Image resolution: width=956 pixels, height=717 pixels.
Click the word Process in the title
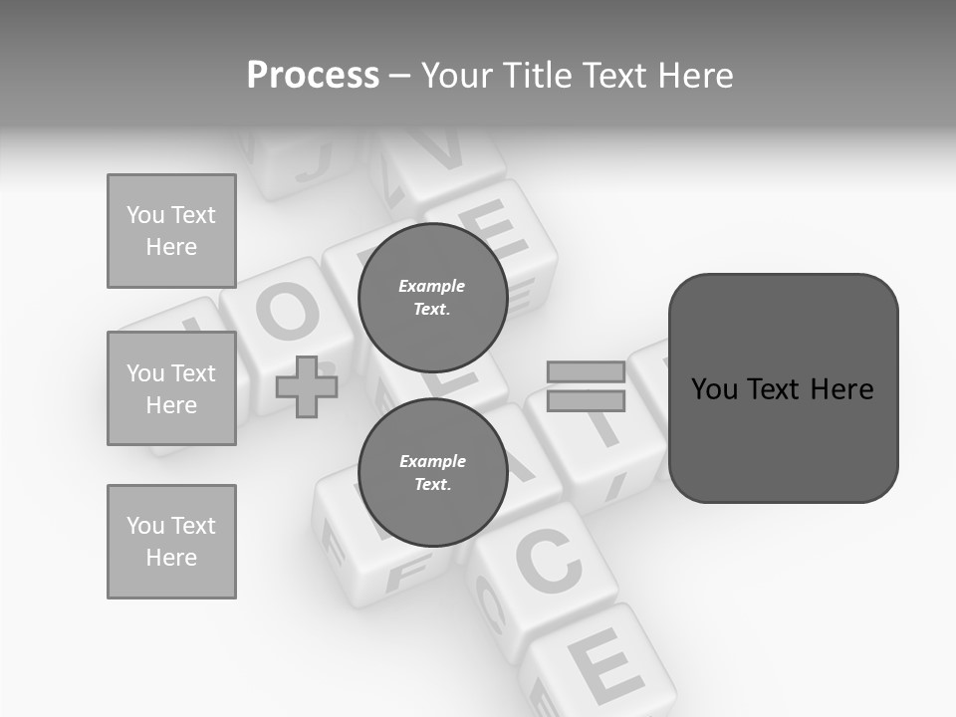point(313,76)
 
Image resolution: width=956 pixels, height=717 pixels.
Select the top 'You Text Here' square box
point(171,231)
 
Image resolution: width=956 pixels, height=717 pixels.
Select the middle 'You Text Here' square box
point(171,388)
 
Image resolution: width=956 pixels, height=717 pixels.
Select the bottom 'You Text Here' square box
point(171,542)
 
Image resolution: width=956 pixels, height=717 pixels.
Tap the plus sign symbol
point(306,387)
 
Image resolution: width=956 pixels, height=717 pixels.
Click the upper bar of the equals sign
point(586,371)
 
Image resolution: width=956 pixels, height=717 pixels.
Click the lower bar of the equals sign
point(586,400)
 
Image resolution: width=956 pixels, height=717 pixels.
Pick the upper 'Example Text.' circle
point(432,297)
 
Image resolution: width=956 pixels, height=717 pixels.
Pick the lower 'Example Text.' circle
point(432,472)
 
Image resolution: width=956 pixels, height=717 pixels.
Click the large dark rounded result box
point(783,388)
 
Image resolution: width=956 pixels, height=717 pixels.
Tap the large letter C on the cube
point(548,563)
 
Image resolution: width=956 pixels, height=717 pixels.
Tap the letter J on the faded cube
point(310,159)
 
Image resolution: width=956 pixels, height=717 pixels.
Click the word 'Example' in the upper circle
point(432,286)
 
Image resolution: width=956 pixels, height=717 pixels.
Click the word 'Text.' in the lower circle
point(432,484)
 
